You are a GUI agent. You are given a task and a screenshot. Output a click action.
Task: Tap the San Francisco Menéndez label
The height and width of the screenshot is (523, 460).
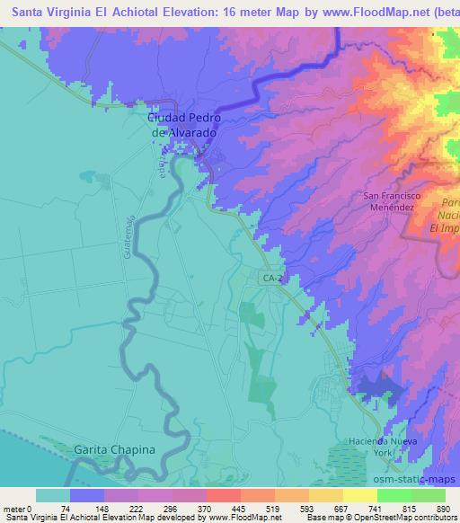click(392, 201)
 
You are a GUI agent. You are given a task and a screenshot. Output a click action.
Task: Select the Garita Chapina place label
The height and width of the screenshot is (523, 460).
click(114, 449)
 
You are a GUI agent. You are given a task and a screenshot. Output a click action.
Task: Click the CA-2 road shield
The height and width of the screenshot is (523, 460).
click(272, 279)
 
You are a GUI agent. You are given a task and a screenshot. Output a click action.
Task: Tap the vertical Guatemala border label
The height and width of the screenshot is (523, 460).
click(129, 237)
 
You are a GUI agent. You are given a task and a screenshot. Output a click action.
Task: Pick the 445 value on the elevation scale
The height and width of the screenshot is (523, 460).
click(235, 509)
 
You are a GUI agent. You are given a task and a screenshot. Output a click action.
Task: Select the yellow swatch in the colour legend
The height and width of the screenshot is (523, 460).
click(359, 495)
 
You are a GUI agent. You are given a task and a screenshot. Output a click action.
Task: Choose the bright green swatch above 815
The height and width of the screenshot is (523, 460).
click(393, 495)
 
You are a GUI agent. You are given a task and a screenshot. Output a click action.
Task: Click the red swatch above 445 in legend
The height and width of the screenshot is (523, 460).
click(223, 495)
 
